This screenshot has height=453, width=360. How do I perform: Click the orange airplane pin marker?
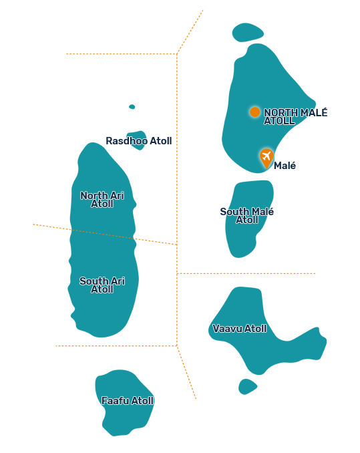(266, 158)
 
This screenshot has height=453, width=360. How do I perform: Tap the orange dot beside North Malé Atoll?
(254, 112)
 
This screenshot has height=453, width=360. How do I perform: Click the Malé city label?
(285, 166)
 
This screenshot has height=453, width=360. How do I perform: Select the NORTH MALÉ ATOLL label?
(296, 116)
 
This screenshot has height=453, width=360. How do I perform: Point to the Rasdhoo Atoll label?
(139, 141)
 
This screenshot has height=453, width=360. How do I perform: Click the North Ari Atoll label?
(102, 199)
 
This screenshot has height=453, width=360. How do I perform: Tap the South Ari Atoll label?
(102, 285)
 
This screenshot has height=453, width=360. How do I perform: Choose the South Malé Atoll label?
(247, 216)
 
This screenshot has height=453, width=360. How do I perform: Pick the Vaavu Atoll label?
(240, 329)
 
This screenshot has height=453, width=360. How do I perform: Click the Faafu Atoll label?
(128, 401)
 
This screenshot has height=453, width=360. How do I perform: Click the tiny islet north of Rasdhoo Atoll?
(132, 107)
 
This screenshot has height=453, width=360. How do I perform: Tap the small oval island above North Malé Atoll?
(248, 32)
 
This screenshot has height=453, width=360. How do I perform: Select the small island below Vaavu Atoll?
(247, 387)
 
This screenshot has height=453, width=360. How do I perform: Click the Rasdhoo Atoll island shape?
(137, 141)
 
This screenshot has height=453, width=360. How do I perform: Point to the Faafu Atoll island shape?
(124, 403)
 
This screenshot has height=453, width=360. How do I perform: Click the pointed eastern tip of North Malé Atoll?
(315, 104)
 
